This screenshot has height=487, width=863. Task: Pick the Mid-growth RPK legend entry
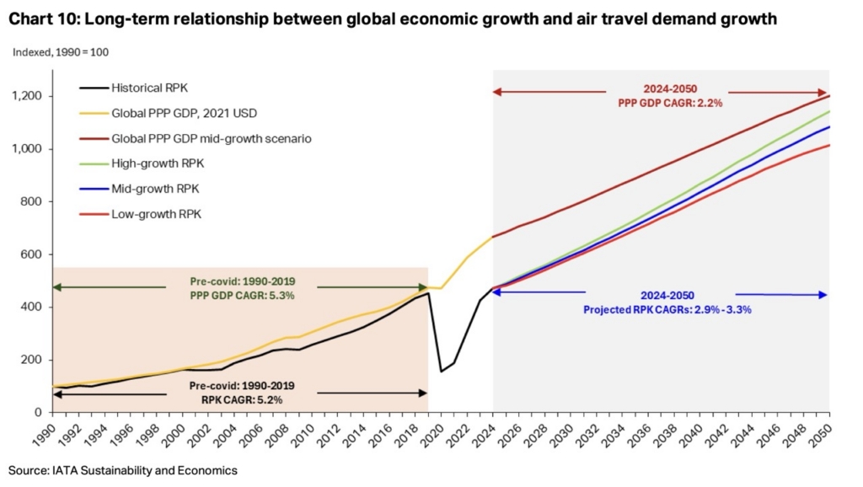(146, 189)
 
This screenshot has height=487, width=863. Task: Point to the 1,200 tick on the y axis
(29, 96)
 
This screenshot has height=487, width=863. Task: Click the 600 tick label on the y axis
(34, 254)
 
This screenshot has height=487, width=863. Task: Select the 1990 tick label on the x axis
(52, 436)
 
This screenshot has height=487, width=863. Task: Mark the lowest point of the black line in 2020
(441, 371)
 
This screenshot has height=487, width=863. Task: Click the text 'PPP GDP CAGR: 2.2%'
(666, 103)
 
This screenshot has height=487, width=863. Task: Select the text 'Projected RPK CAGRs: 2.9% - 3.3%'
(666, 309)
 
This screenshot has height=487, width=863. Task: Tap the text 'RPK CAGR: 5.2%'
(241, 399)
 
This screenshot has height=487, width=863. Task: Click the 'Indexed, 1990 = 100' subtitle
(61, 52)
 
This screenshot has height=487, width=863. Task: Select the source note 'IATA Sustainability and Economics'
(122, 470)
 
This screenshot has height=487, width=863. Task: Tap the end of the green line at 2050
(829, 111)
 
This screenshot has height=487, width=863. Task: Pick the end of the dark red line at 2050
(829, 95)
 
